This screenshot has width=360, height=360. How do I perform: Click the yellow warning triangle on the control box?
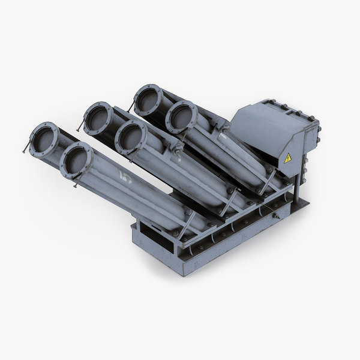(288, 158)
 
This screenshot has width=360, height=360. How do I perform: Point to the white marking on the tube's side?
(125, 176)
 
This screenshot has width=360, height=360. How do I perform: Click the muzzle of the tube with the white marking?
(76, 160)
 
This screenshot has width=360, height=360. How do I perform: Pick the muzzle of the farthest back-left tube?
(146, 100)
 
